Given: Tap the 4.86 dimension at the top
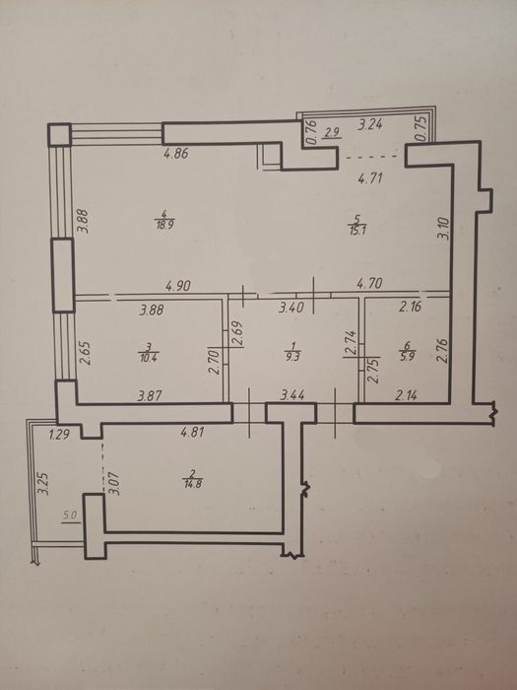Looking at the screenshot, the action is point(176,154).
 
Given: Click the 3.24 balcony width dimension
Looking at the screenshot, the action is point(370,125).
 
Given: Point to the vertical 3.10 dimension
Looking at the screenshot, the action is point(443,229).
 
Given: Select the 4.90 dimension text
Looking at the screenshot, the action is point(177,286).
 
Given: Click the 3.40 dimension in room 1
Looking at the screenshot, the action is point(291,308).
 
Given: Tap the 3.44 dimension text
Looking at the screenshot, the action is point(292,395).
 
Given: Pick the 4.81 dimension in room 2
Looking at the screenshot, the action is point(193,433).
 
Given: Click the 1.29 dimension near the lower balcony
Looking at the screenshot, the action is point(59,436).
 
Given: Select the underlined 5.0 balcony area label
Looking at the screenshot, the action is point(71,516).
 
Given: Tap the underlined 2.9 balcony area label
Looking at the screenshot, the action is point(332,133).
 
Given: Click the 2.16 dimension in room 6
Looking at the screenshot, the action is point(410,307).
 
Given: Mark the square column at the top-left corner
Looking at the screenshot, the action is point(59,135).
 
